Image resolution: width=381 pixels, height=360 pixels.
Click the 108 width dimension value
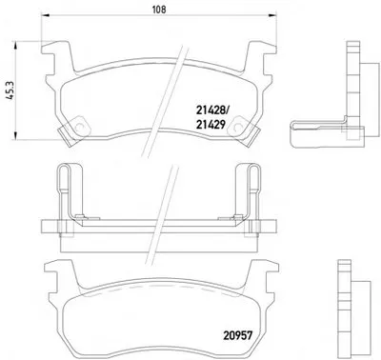[x=159, y=10]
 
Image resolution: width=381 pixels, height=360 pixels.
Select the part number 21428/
[x=212, y=110]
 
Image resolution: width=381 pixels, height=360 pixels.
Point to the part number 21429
[x=211, y=125]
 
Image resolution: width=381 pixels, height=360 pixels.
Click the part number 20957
[x=237, y=335]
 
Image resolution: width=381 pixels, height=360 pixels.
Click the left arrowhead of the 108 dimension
[x=46, y=15]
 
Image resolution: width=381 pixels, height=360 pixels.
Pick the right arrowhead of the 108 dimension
[x=272, y=15]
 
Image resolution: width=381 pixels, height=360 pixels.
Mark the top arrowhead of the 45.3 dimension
[x=15, y=45]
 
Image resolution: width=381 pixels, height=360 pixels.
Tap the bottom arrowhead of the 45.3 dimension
[x=15, y=135]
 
